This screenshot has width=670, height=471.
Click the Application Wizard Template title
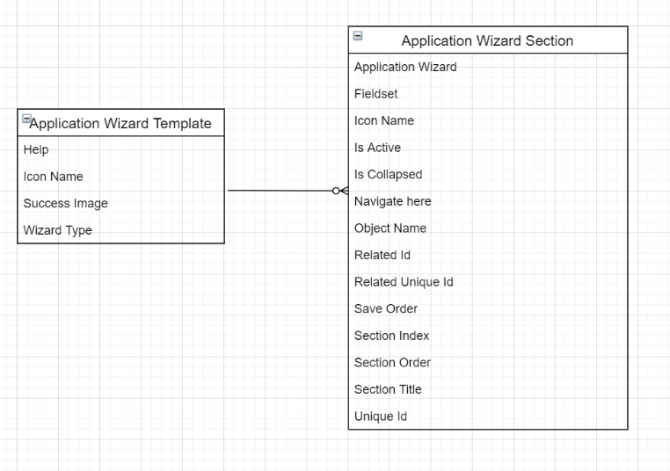click(120, 123)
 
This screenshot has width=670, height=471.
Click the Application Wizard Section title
click(487, 40)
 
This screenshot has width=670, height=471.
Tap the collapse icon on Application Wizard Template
click(26, 119)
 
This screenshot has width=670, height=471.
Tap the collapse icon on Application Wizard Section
click(358, 36)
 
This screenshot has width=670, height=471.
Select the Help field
click(36, 149)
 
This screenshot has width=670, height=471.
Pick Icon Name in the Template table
click(54, 177)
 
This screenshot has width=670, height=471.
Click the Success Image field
click(66, 203)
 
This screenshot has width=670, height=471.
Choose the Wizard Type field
click(58, 230)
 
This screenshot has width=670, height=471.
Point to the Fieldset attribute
click(376, 94)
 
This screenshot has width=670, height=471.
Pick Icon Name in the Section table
click(384, 120)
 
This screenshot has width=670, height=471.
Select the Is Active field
click(377, 148)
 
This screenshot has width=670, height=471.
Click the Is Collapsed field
click(388, 174)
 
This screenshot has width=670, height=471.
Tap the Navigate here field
click(392, 201)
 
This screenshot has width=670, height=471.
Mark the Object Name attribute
click(390, 228)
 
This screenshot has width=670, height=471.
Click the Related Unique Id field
click(404, 282)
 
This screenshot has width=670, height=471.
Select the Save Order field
click(386, 308)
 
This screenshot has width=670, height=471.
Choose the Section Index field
click(391, 336)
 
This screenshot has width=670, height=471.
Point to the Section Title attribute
click(388, 389)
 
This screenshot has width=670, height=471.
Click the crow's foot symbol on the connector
click(340, 191)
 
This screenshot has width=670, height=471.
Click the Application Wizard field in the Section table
click(405, 67)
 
